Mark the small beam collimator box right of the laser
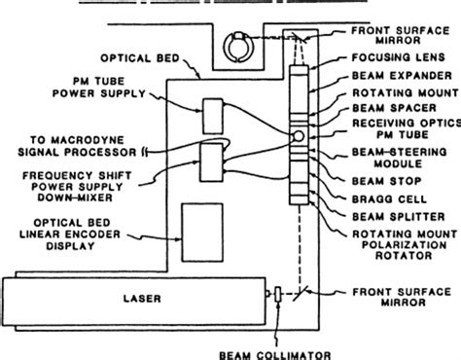[278, 294]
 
